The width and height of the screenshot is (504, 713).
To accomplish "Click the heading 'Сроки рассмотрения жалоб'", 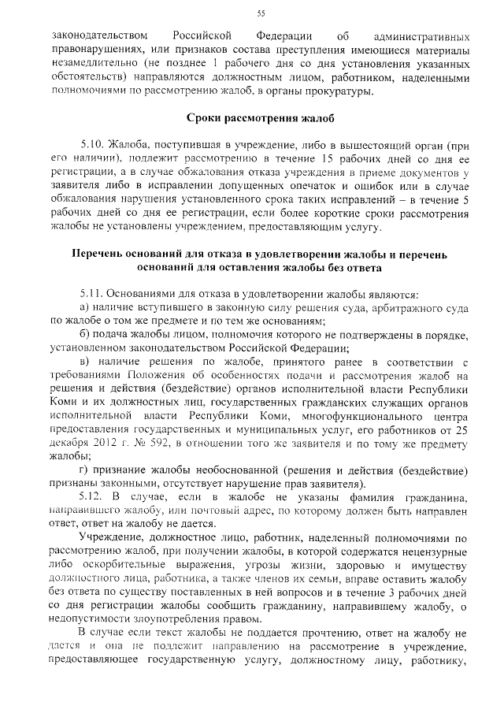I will click(260, 119).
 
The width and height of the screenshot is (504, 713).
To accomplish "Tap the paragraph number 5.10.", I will click(94, 147).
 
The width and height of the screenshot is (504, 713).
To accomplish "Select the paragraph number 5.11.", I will click(94, 293).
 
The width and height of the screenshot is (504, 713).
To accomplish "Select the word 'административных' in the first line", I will click(413, 37).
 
